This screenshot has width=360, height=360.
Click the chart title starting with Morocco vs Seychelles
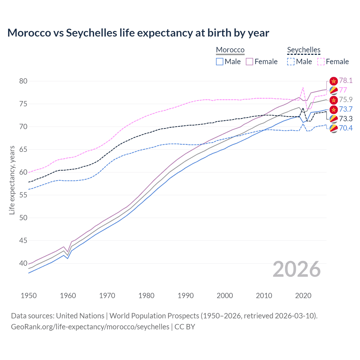coord(138,33)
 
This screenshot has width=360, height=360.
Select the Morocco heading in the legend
coord(230,50)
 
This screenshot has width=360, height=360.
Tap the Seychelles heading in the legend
coord(303,50)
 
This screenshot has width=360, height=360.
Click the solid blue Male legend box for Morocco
coord(220,62)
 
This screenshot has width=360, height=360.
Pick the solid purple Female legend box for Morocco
coord(249,62)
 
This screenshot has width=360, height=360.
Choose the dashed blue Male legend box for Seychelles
coord(291,62)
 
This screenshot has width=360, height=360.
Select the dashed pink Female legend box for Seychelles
coord(321,62)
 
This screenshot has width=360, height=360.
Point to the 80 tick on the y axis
coord(23,81)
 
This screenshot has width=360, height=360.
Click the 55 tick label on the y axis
coord(23,195)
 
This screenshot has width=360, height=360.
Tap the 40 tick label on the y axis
coord(23,264)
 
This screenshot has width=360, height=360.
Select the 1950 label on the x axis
coord(29,296)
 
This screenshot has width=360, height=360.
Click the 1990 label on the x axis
coord(186,296)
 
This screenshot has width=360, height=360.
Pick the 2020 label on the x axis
coord(303,296)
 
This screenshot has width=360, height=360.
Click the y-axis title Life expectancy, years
coord(12,180)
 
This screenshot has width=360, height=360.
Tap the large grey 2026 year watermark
coord(296,269)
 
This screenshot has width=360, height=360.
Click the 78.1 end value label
coord(346,81)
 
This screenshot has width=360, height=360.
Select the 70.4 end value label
coord(346,128)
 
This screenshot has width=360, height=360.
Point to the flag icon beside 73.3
coord(334,119)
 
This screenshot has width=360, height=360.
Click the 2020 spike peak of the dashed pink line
coord(303,87)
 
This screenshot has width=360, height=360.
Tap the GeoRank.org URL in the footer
coord(90,327)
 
